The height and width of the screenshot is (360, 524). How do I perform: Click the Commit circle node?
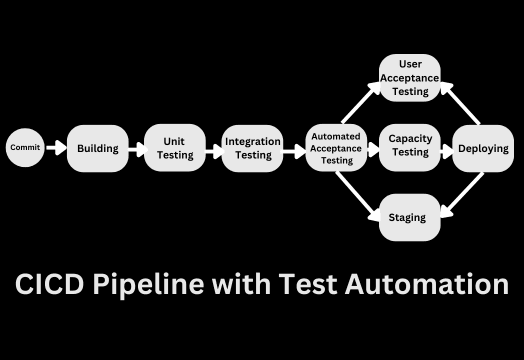tap(25, 148)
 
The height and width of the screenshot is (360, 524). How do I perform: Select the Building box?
tap(98, 148)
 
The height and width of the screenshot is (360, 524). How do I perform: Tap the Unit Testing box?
tap(174, 148)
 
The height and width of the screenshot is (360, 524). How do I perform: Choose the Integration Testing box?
tap(252, 148)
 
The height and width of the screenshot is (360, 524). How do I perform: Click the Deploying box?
tap(483, 148)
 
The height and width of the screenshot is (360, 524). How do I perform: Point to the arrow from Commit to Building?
tap(56, 148)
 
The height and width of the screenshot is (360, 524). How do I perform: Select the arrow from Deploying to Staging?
tap(459, 194)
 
